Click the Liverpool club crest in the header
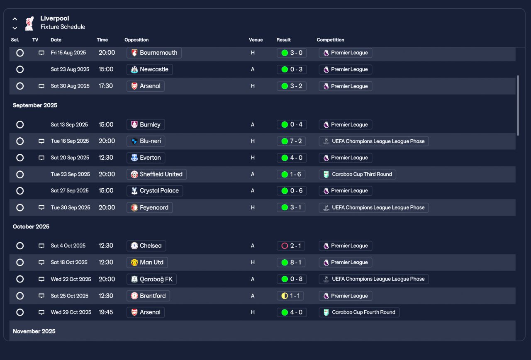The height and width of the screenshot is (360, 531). point(29,23)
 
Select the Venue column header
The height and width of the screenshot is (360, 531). point(256,40)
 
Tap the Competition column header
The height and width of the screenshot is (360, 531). point(330,40)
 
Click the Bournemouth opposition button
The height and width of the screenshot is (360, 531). point(154,53)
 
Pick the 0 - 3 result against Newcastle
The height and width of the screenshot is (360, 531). point(292,69)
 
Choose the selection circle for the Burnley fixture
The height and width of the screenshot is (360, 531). point(20,124)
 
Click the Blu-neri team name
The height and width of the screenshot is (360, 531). point(150,141)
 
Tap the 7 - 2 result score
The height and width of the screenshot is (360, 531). point(291,141)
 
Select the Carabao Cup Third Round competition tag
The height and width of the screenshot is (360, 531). point(357,175)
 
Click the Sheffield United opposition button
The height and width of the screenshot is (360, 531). point(156,175)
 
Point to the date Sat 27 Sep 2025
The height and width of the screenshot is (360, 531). point(70,191)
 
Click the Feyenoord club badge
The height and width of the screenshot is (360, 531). point(134,208)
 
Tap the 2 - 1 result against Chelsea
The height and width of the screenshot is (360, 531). point(291,246)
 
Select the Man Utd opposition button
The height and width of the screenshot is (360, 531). point(147,263)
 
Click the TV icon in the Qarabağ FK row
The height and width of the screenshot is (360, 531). point(41,279)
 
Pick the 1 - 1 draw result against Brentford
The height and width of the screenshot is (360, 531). point(290,296)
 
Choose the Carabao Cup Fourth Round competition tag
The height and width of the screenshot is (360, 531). point(359,312)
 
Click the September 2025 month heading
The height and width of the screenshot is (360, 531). point(35,105)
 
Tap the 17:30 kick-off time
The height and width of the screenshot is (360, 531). point(106,86)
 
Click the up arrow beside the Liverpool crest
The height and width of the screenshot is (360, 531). point(15,19)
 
